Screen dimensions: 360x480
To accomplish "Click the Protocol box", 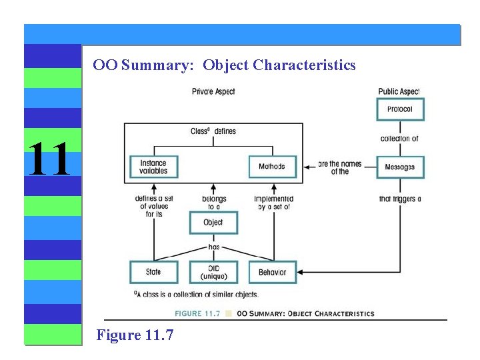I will click(400, 109).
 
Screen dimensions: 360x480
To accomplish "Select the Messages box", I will click(400, 167).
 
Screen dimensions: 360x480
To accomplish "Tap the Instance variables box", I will click(153, 167).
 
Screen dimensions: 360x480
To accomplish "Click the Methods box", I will click(272, 167).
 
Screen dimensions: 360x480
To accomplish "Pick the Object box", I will click(213, 223).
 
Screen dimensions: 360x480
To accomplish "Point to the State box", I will click(154, 272).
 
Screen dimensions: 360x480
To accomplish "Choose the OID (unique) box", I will click(213, 272).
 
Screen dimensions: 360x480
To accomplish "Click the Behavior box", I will click(272, 272).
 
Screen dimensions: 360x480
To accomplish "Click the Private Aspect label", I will click(213, 91).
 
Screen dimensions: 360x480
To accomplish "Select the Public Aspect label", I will click(399, 91).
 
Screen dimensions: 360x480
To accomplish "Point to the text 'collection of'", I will click(399, 139).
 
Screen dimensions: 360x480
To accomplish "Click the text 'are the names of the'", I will click(339, 167).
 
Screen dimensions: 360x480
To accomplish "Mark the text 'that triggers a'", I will click(399, 199).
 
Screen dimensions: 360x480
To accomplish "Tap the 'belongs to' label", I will click(214, 203).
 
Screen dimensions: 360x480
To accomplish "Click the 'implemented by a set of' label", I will click(273, 203).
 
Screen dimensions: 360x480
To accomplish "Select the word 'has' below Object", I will click(214, 247).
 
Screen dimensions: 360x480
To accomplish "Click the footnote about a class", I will click(195, 294).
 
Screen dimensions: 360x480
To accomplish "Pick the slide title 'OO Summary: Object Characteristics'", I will click(224, 65).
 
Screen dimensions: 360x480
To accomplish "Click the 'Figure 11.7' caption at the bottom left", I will click(135, 335).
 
